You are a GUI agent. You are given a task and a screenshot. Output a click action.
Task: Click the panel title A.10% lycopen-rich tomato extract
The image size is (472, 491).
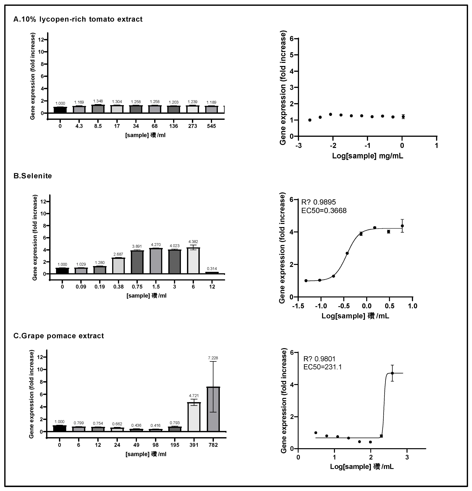pyautogui.click(x=78, y=19)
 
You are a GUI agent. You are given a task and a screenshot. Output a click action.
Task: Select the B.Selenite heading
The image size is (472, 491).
pyautogui.click(x=33, y=176)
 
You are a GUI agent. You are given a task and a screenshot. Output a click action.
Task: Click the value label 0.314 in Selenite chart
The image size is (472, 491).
pyautogui.click(x=212, y=269)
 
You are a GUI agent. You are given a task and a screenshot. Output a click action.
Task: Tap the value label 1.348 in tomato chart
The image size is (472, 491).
pyautogui.click(x=98, y=101)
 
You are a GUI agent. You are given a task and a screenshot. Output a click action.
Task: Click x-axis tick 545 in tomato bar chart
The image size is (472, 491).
pyautogui.click(x=211, y=126)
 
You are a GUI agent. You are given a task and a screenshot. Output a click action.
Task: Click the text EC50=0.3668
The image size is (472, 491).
pyautogui.click(x=324, y=211)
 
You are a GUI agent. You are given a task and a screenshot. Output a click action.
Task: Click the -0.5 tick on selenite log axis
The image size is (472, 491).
pyautogui.click(x=344, y=306)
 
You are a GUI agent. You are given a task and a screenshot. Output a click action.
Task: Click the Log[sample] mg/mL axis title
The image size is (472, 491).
pyautogui.click(x=367, y=156)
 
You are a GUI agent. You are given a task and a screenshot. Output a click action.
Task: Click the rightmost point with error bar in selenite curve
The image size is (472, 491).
pyautogui.click(x=402, y=226)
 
